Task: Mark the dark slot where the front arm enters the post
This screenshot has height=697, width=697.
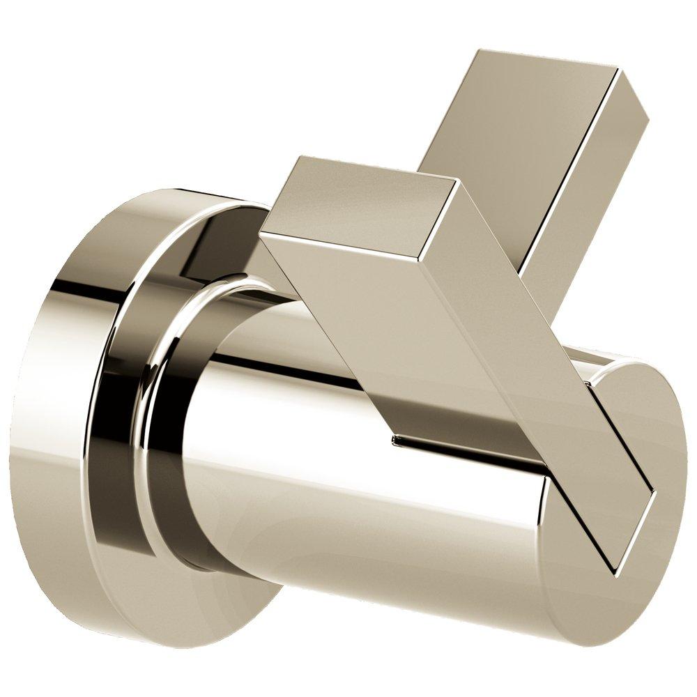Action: pyautogui.click(x=460, y=446)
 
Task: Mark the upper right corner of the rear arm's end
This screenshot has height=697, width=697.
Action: pyautogui.click(x=618, y=69)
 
